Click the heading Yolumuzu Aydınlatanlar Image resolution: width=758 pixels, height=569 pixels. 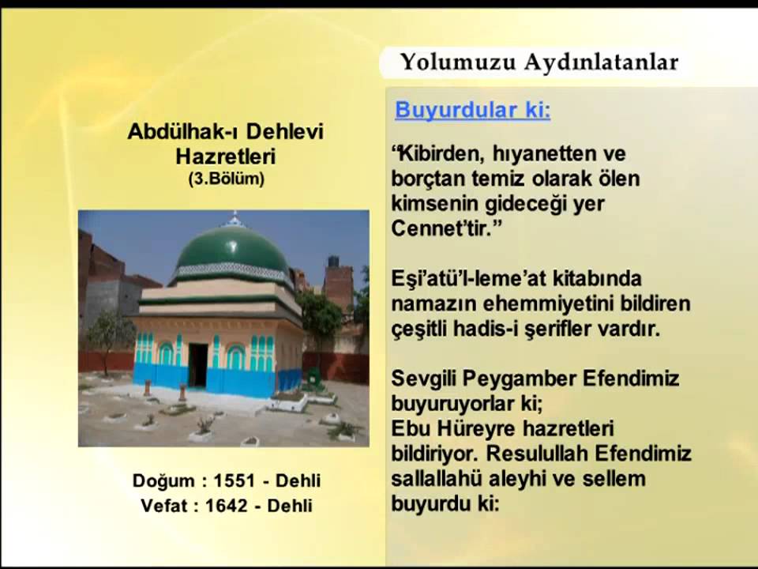tap(539, 62)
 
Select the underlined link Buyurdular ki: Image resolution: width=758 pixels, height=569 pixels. tap(472, 110)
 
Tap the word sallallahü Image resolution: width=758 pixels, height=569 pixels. tap(439, 479)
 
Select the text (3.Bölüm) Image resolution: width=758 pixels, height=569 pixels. tap(226, 179)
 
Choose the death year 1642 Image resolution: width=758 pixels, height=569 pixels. tap(226, 506)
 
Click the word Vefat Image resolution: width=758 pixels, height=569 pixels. tap(167, 506)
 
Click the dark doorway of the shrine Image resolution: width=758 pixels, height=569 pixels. tap(197, 364)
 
